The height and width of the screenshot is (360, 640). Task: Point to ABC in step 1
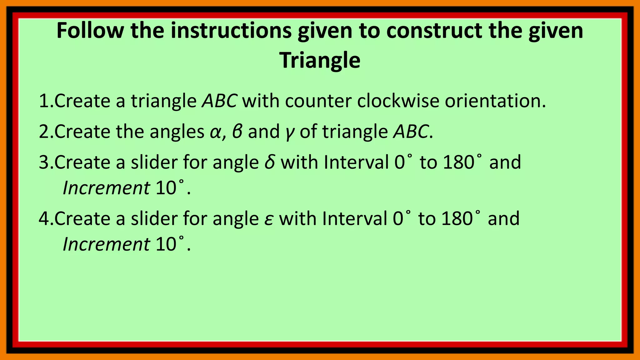[219, 101]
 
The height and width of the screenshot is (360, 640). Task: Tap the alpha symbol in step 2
[215, 132]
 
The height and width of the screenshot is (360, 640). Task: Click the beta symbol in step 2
[237, 132]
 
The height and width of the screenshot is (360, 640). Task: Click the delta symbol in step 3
[270, 162]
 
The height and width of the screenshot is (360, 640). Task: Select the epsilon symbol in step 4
[268, 219]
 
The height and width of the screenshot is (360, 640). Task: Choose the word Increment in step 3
[106, 188]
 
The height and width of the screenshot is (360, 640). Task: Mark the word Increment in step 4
[106, 244]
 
